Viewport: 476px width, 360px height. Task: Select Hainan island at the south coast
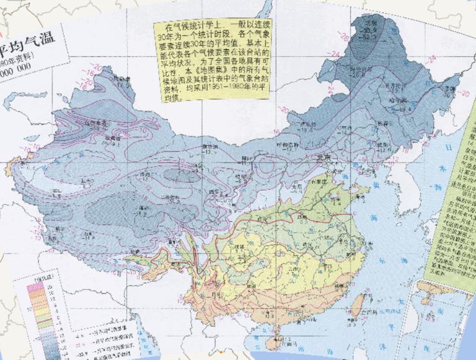285,340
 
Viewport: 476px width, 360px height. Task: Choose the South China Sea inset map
443,316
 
